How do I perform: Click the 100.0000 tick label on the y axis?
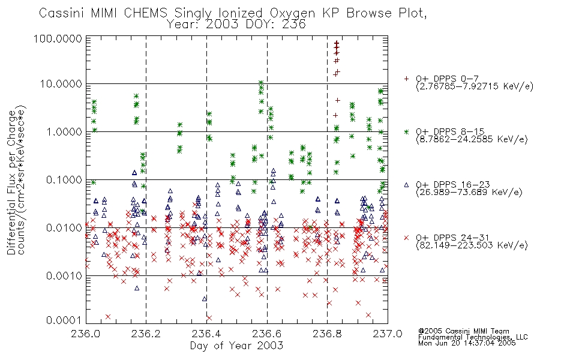58,38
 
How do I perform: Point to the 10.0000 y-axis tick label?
61,84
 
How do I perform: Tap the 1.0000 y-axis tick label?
64,131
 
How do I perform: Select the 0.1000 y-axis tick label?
64,179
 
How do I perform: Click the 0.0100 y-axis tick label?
64,227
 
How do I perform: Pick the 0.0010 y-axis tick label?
64,275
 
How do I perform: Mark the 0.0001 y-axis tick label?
64,320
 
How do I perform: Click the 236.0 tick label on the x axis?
85,334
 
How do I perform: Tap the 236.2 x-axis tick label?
146,334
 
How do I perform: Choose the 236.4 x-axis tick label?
206,334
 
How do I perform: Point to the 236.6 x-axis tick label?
267,334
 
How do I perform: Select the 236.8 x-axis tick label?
327,334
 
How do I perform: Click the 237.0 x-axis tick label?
388,334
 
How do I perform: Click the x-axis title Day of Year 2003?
236,346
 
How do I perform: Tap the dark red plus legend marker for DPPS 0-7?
406,79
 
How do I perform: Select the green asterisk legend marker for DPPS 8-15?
406,131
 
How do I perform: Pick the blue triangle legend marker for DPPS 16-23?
406,185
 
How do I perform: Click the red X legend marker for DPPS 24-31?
406,238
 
